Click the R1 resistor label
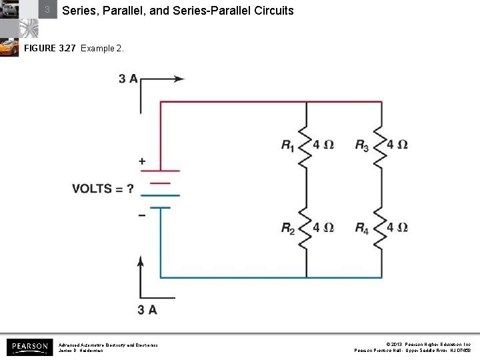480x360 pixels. click(x=288, y=145)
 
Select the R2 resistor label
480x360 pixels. click(x=288, y=229)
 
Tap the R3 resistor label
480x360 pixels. click(x=361, y=145)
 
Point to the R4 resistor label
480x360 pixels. click(x=361, y=229)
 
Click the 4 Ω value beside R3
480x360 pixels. click(x=397, y=145)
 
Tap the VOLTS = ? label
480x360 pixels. click(x=103, y=189)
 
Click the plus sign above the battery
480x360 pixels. click(x=141, y=161)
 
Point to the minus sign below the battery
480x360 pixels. click(x=141, y=215)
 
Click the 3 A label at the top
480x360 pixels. click(x=128, y=79)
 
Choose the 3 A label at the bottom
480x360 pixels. click(x=147, y=309)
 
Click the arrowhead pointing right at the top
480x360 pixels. click(x=179, y=79)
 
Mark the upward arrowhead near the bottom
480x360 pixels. click(x=141, y=261)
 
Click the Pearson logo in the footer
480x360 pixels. click(x=29, y=347)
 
